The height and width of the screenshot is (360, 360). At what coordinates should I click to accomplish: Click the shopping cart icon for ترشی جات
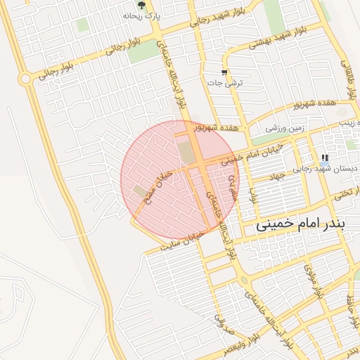[x=224, y=72]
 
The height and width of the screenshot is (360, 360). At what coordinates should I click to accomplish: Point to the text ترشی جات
[x=224, y=82]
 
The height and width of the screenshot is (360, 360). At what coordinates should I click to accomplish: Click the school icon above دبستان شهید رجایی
[x=324, y=157]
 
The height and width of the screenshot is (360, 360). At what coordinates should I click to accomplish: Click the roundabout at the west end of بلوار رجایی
[x=27, y=79]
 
